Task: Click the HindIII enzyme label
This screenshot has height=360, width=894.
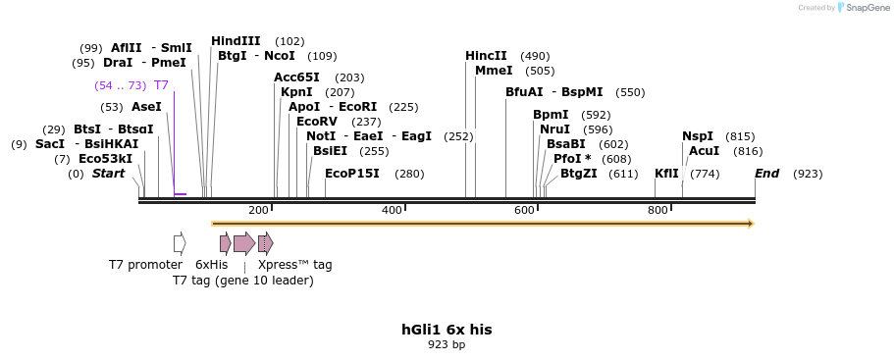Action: (236, 41)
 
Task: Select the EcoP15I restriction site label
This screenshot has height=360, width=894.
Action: (351, 174)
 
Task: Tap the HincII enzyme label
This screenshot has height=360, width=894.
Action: (486, 56)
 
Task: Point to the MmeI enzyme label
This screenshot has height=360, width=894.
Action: (493, 71)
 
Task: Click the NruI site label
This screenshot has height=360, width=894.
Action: (554, 129)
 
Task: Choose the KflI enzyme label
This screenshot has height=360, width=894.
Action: (666, 174)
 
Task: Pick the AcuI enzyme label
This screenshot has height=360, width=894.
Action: (704, 151)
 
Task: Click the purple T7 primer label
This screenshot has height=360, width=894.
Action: (161, 85)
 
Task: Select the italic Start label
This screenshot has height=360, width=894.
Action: (108, 174)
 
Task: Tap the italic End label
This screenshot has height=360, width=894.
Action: (767, 174)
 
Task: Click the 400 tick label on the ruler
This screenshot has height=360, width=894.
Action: (392, 211)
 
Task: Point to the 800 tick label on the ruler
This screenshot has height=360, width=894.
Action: (657, 211)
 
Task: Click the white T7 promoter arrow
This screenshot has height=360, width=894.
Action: (180, 243)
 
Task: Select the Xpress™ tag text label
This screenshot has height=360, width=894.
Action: (294, 265)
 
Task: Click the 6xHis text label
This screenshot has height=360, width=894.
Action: (211, 265)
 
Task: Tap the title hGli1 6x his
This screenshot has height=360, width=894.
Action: (447, 330)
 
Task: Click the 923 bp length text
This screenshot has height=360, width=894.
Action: (447, 345)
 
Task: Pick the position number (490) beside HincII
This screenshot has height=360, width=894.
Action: (535, 56)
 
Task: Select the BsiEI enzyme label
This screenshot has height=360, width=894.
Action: (330, 151)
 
